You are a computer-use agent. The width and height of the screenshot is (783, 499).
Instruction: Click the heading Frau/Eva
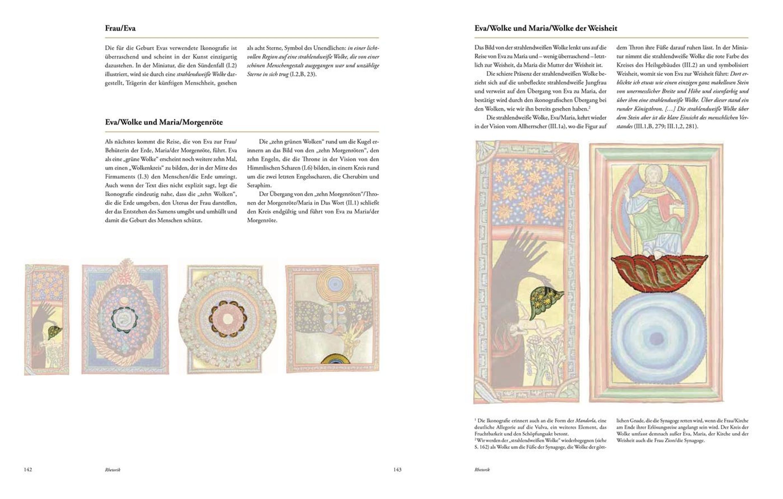[x=120, y=28]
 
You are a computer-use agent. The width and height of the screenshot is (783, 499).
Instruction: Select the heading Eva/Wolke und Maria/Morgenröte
[x=164, y=122]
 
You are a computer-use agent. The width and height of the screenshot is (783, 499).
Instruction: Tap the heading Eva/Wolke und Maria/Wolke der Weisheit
[x=545, y=28]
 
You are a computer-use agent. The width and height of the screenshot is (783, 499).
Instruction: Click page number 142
[x=28, y=470]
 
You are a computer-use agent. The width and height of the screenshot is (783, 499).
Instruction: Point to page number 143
[x=397, y=470]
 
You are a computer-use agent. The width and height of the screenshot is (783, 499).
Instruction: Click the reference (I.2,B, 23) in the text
[x=303, y=74]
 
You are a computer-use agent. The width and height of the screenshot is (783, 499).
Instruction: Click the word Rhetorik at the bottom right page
[x=482, y=470]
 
